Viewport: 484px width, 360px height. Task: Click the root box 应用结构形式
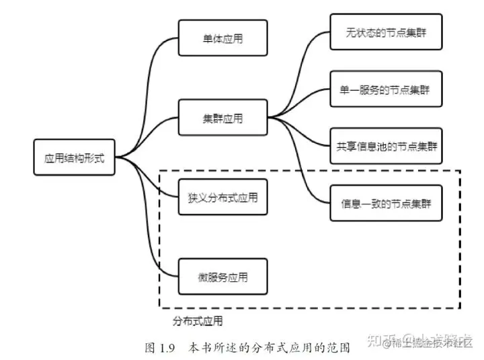[74, 158]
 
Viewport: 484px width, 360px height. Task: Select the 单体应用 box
[223, 38]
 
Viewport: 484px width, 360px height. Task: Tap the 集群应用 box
[223, 118]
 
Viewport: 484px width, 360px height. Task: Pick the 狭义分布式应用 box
[223, 198]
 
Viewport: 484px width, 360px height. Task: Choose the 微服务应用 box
[223, 277]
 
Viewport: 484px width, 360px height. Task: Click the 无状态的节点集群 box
[386, 32]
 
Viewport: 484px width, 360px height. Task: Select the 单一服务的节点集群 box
[386, 89]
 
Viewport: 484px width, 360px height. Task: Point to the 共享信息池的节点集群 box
[386, 145]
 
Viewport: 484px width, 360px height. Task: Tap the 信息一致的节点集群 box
[386, 202]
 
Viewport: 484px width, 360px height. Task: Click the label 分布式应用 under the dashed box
[198, 321]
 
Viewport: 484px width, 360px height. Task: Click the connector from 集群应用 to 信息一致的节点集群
[306, 168]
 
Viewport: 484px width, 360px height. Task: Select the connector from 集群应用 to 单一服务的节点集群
[302, 104]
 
